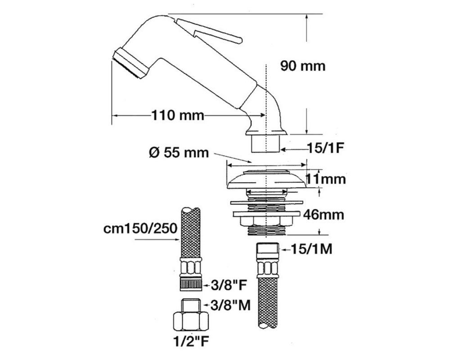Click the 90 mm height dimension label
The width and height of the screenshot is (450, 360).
point(303,66)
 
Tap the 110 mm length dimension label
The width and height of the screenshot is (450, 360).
point(178,115)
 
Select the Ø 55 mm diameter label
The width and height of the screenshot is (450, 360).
point(179,153)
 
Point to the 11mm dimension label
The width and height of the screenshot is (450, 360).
point(325,179)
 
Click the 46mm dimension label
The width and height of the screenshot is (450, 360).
point(324,215)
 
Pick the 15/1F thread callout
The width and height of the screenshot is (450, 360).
point(325,148)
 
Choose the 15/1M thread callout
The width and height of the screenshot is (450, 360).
point(312,249)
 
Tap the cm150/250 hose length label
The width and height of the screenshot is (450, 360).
point(140,229)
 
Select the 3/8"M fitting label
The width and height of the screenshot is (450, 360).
point(230,306)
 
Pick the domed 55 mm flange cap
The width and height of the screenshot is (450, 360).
point(267,180)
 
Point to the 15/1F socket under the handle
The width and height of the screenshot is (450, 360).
point(266,144)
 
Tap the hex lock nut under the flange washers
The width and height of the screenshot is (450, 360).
point(267,221)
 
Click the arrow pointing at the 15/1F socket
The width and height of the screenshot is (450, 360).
point(293,149)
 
